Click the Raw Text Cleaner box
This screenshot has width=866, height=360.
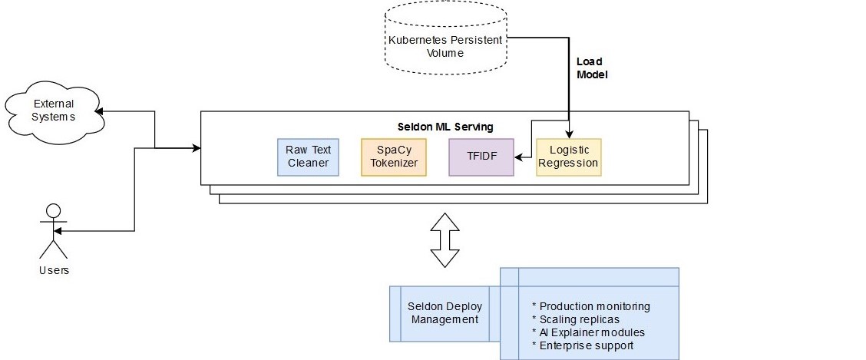coord(307,157)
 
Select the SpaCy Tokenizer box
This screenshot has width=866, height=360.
coord(393,157)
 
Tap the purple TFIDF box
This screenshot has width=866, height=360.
coord(481,157)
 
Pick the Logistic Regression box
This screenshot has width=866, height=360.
coord(568,157)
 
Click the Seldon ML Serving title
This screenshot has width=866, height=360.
coord(445,126)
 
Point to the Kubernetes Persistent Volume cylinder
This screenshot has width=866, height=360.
coord(446,46)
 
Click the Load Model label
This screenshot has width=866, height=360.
coord(590,68)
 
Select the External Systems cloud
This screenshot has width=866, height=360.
coord(53,111)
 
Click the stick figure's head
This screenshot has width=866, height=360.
coord(53,210)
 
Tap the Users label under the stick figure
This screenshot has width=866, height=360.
coord(54,270)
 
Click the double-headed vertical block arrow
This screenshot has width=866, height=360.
coord(445,239)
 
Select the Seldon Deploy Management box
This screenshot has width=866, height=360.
coord(445,313)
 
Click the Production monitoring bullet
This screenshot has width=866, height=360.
coord(590,306)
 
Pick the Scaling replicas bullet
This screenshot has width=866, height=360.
coord(575,319)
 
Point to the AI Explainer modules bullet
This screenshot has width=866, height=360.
coord(588,332)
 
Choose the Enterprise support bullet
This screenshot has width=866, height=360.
coord(583,345)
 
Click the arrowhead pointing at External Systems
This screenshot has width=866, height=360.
coord(100,111)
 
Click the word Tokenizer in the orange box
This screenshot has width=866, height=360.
coord(393,163)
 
